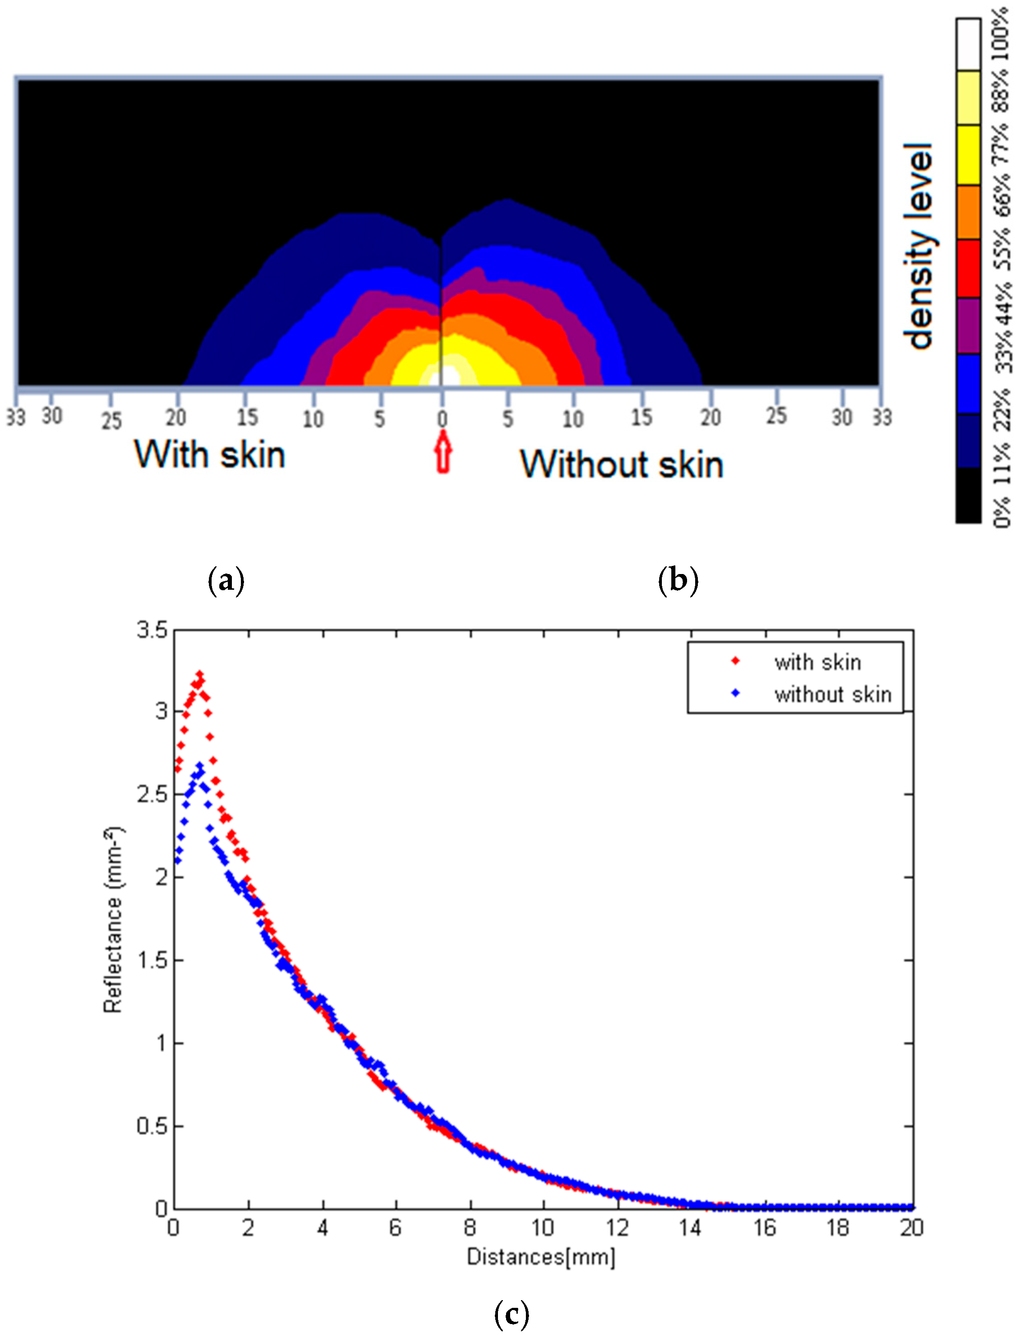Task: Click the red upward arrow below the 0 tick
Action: [x=443, y=452]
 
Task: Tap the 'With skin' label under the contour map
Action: [x=210, y=455]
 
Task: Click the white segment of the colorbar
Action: [x=968, y=44]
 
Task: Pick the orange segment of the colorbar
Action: [x=968, y=212]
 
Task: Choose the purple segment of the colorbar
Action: [x=968, y=325]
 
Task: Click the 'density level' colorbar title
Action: [x=918, y=246]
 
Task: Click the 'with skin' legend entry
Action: [x=817, y=662]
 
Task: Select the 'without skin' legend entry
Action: [x=832, y=695]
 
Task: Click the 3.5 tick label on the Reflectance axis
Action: [x=151, y=630]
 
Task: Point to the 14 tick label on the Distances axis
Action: [x=690, y=1228]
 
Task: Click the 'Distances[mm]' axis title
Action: [x=541, y=1257]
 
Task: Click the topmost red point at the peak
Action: [x=199, y=674]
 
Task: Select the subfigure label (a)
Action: [x=226, y=580]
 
